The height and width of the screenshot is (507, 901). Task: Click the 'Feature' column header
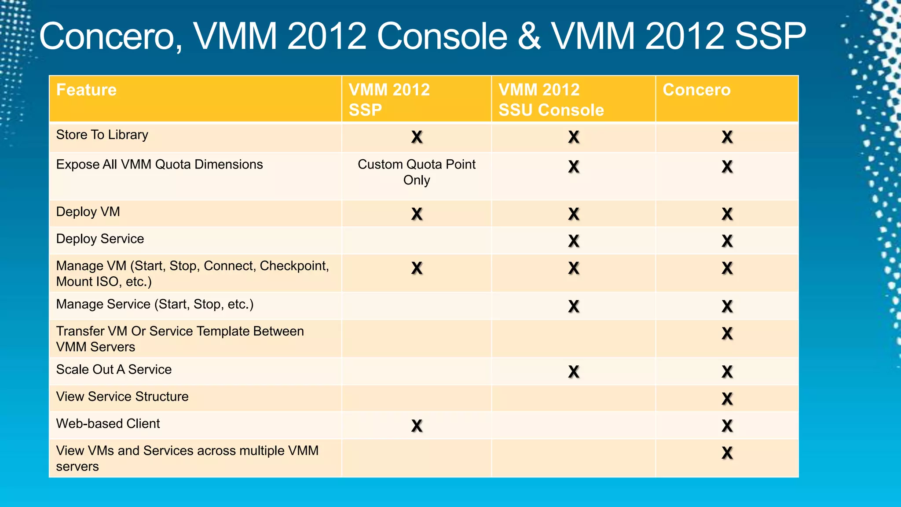click(x=86, y=90)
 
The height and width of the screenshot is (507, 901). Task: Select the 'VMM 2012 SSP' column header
click(x=389, y=99)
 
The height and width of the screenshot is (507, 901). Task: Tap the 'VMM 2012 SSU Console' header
click(x=551, y=99)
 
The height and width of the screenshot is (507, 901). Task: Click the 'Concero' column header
click(x=696, y=90)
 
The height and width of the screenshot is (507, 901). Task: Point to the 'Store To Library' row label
click(x=102, y=135)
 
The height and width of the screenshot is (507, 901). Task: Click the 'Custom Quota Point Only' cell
click(x=416, y=172)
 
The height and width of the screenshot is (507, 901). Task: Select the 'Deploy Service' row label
click(x=100, y=239)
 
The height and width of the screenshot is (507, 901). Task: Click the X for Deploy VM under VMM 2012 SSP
click(x=417, y=214)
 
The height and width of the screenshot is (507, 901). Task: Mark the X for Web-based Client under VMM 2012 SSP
click(x=417, y=426)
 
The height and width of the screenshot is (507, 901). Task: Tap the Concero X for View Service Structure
click(x=727, y=399)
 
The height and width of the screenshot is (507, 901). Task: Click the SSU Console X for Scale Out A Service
click(x=573, y=372)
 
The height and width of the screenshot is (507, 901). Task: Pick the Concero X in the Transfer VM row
click(x=727, y=334)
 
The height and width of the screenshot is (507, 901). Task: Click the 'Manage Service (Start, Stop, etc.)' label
click(x=154, y=304)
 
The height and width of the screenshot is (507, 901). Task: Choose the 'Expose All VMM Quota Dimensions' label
click(x=159, y=165)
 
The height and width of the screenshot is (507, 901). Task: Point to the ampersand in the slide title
click(x=529, y=36)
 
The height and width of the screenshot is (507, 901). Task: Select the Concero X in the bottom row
click(x=727, y=453)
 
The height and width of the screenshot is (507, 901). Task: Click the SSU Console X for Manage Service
click(x=573, y=306)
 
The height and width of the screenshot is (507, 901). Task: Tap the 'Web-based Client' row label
click(x=108, y=423)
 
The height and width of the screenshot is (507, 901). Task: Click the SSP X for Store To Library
click(x=417, y=137)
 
